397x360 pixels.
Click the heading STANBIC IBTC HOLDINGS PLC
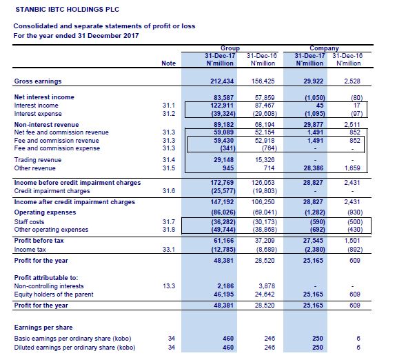[68, 10]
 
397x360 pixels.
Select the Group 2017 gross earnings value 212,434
[222, 81]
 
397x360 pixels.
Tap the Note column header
[169, 63]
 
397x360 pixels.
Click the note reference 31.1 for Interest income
[169, 106]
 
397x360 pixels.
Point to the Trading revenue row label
[38, 160]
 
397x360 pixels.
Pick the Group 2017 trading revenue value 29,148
[223, 160]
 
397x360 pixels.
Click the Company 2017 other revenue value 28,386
[313, 168]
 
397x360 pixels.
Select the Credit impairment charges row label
[52, 191]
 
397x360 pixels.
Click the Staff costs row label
[29, 222]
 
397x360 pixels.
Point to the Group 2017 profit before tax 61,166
[223, 241]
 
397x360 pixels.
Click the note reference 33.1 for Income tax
[169, 250]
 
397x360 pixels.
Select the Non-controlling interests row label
[49, 286]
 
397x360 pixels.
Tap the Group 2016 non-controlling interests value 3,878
[267, 286]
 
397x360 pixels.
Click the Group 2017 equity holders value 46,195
[223, 294]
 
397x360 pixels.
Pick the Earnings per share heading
[43, 328]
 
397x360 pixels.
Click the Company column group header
[324, 48]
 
